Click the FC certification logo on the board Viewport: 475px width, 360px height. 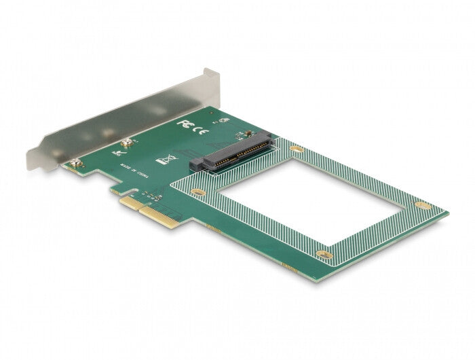183,124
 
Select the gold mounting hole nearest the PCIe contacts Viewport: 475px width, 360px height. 197,192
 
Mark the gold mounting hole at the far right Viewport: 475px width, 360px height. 422,205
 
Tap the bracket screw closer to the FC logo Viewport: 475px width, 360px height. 126,143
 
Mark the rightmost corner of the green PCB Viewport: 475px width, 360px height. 447,213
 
